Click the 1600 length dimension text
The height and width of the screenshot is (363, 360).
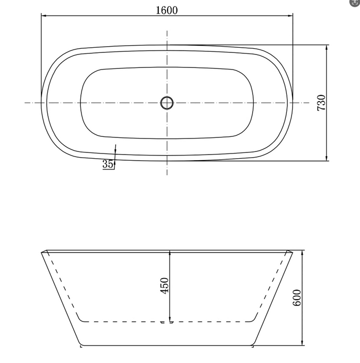click(167, 9)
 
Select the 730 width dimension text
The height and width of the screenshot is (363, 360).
click(322, 103)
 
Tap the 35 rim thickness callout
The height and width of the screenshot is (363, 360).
click(108, 164)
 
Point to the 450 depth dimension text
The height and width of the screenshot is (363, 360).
click(164, 286)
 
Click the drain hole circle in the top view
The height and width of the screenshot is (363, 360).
click(167, 103)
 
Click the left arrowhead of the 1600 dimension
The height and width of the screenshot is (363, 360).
click(44, 16)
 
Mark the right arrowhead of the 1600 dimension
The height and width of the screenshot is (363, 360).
click(290, 16)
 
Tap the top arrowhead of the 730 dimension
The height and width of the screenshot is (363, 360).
click(327, 47)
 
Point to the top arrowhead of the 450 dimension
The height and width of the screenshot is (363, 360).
click(170, 254)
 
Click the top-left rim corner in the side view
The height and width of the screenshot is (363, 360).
click(41, 253)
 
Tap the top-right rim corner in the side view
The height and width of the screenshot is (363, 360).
click(293, 253)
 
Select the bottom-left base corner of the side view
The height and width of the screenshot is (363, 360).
click(81, 345)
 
